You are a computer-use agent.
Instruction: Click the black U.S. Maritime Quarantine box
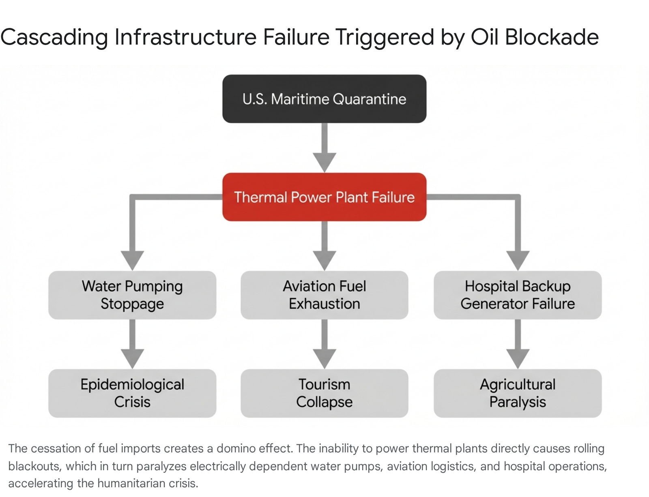324,99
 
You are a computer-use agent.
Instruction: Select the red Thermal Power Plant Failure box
324,197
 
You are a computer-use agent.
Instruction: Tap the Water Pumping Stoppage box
132,295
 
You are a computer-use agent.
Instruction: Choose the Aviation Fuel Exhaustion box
324,295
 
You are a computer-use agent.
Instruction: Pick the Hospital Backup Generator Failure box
518,295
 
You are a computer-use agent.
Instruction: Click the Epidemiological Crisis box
132,393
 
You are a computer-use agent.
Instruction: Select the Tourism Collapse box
324,393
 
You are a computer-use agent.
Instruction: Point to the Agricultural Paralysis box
518,393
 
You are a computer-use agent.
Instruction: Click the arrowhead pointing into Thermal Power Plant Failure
324,163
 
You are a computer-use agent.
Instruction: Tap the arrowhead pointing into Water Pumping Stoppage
132,261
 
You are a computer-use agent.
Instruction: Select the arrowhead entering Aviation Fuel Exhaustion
324,261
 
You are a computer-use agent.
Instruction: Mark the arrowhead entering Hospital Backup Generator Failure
518,261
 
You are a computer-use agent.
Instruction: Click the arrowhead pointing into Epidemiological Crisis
132,359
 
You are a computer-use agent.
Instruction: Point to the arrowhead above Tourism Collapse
324,359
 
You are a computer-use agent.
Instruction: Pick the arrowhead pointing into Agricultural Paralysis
518,359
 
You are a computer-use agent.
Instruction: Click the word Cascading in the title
54,38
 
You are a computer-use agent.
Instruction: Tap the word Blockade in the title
552,37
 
